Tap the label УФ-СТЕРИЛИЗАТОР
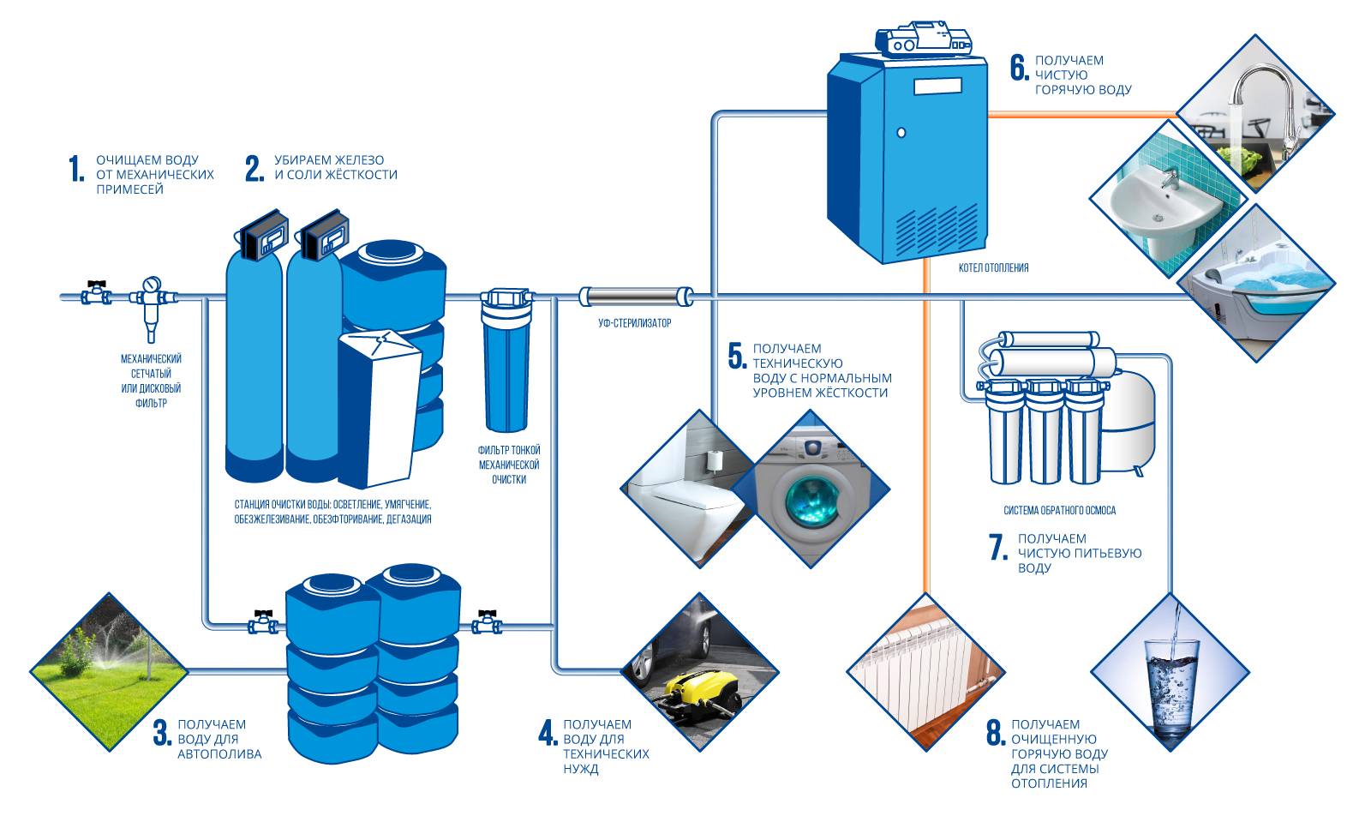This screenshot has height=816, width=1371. click(x=634, y=324)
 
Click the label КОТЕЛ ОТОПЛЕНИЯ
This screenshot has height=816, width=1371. click(x=993, y=268)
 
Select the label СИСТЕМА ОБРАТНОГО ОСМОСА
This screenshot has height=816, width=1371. click(x=1059, y=511)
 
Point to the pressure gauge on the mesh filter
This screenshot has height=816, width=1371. click(x=152, y=283)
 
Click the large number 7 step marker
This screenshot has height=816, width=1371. click(x=997, y=548)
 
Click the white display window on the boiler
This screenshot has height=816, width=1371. click(x=939, y=86)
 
